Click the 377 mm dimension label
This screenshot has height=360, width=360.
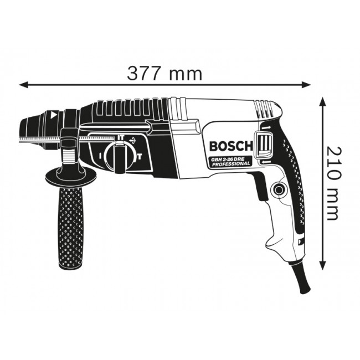164,73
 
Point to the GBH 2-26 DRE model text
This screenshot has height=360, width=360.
230,160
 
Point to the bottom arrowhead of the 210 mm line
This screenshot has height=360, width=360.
323,269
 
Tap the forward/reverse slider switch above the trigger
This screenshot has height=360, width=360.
264,145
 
